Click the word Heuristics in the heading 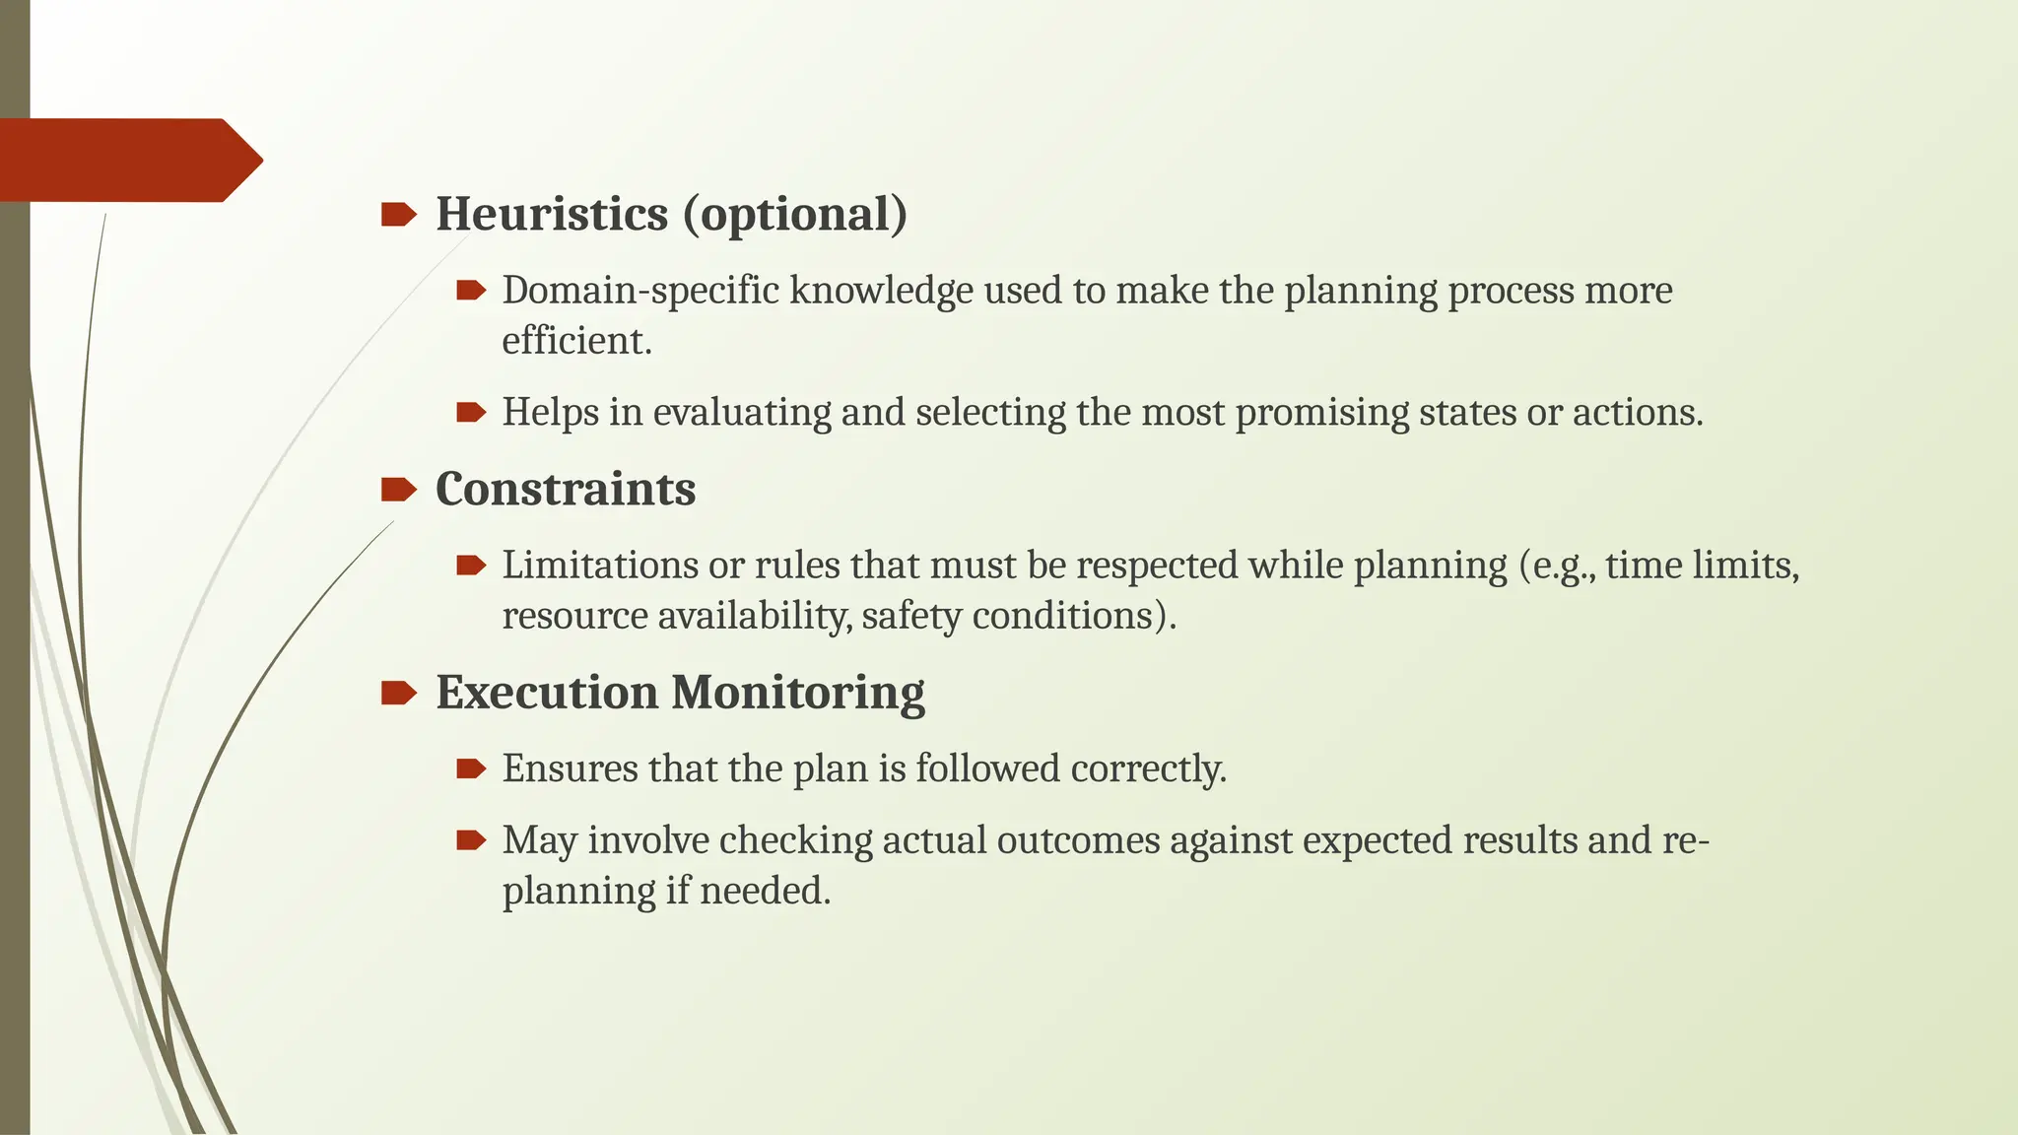[552, 214]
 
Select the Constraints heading [566, 489]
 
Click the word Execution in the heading [546, 692]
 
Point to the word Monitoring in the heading [798, 692]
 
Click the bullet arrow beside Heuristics [398, 214]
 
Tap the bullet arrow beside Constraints [398, 489]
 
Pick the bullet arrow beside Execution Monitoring [398, 693]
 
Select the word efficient [576, 341]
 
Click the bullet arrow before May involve [471, 840]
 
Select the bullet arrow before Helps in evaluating [471, 412]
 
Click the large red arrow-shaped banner [128, 160]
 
